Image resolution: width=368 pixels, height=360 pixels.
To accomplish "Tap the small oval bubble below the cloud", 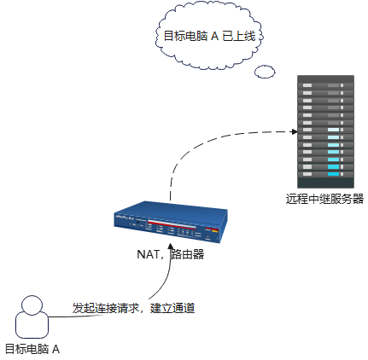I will [265, 70].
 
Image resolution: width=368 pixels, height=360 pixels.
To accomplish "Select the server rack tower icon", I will [324, 132].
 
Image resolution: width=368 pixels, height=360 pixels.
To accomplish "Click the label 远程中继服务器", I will [324, 200].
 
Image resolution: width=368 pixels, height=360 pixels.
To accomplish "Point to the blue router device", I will [171, 224].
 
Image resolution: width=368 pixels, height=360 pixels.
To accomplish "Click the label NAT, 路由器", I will [170, 253].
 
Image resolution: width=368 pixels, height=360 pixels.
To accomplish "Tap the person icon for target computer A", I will [32, 317].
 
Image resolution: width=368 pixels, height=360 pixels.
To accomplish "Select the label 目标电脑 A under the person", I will [32, 349].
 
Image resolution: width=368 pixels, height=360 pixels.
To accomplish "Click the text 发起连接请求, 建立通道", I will [133, 307].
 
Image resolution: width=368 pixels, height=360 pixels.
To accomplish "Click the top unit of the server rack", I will [324, 83].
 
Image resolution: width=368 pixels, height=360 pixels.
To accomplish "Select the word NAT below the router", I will [148, 253].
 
